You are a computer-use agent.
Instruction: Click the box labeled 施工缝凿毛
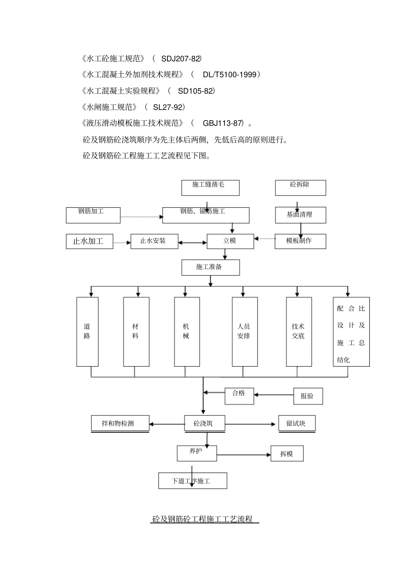[x=210, y=187]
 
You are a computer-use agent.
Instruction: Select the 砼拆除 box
[x=300, y=187]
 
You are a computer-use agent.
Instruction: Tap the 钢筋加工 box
[x=93, y=215]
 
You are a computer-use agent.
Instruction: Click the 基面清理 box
[x=300, y=215]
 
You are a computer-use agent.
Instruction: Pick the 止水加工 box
[x=90, y=241]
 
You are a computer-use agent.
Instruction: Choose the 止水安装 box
[x=155, y=241]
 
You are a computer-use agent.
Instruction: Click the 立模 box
[x=230, y=241]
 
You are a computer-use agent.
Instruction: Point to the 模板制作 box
[x=300, y=241]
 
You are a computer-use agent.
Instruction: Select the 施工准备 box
[x=210, y=267]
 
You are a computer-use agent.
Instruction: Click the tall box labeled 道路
[x=87, y=331]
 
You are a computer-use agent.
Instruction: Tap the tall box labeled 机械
[x=186, y=331]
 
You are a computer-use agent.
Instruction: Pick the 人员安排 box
[x=244, y=331]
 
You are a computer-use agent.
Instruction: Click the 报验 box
[x=308, y=396]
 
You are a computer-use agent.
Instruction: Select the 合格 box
[x=239, y=396]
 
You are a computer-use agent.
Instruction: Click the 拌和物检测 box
[x=120, y=423]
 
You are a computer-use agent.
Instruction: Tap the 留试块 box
[x=296, y=423]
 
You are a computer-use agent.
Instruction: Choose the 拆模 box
[x=287, y=454]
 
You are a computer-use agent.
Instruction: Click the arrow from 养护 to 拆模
[x=243, y=454]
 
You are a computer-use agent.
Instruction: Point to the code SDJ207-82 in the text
[x=181, y=58]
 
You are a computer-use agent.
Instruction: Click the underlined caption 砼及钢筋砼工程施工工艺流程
[x=205, y=519]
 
